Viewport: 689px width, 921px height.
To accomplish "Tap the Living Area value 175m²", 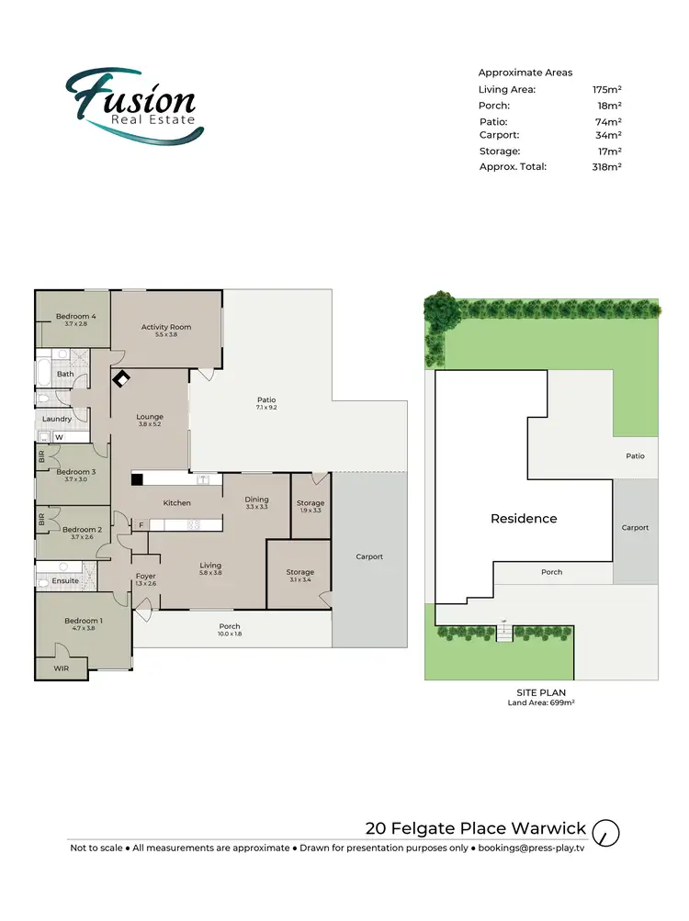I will [x=607, y=89].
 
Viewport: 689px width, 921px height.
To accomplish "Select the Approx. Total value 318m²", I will [x=607, y=167].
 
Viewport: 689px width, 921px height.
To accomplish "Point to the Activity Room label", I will [x=166, y=327].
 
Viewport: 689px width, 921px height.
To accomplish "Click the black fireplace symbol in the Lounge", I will [x=121, y=378].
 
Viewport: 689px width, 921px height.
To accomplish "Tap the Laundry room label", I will [x=57, y=419].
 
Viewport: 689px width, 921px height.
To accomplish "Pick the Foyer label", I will [x=145, y=577].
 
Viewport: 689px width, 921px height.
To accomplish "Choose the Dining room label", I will [x=256, y=499].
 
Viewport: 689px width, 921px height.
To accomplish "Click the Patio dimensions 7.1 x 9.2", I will [x=266, y=408].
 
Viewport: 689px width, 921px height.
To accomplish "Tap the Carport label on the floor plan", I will [x=369, y=556].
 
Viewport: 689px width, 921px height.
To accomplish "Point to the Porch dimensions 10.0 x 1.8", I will [x=229, y=635].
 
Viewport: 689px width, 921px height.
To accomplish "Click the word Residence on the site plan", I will [x=524, y=519].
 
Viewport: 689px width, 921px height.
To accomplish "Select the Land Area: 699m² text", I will [x=541, y=703].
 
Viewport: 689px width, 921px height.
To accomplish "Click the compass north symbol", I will [x=606, y=833].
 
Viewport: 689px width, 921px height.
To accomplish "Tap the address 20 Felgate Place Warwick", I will [x=475, y=828].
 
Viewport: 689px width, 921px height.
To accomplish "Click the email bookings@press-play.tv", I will [x=528, y=848].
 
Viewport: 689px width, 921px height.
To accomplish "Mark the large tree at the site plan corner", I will [x=443, y=312].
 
